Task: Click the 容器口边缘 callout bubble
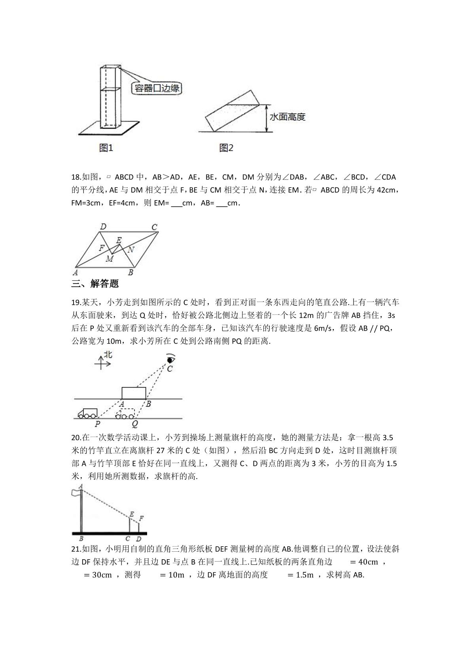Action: click(157, 88)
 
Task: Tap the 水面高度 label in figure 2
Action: click(287, 117)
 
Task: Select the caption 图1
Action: click(106, 148)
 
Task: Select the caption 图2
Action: click(226, 148)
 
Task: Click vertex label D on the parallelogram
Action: click(103, 227)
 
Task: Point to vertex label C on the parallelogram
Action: click(154, 227)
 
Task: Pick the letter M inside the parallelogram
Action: click(110, 259)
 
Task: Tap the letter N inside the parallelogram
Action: click(131, 250)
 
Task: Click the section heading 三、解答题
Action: click(95, 283)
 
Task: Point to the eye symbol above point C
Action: click(170, 359)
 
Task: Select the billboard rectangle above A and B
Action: click(134, 393)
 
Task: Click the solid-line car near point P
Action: click(87, 414)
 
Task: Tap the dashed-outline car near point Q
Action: click(125, 414)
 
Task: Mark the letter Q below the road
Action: click(135, 424)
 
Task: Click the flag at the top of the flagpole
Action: click(76, 493)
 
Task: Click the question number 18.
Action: click(76, 177)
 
